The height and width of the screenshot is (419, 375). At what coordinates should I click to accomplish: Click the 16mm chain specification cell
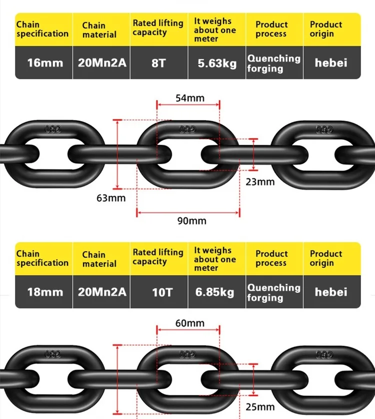click(x=45, y=63)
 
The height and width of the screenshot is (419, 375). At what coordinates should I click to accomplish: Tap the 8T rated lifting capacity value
click(x=158, y=63)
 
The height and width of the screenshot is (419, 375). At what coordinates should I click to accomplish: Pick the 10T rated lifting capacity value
click(x=161, y=292)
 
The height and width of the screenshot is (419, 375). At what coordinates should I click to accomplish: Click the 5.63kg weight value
click(x=216, y=63)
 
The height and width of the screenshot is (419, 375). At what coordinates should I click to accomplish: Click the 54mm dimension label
click(x=190, y=98)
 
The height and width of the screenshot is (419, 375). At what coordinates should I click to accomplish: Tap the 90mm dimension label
click(x=191, y=220)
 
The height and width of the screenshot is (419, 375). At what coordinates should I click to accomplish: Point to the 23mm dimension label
click(x=260, y=182)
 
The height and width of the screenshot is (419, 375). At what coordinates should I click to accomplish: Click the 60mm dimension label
click(x=190, y=323)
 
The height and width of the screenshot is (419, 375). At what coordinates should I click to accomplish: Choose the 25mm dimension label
click(x=260, y=407)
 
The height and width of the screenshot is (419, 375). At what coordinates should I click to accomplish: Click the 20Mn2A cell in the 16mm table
click(x=102, y=63)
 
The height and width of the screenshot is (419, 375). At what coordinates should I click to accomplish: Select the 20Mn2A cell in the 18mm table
click(x=102, y=292)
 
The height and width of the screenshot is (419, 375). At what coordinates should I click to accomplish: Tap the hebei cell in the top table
click(x=331, y=63)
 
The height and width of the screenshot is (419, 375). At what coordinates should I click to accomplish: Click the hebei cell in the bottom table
click(x=331, y=292)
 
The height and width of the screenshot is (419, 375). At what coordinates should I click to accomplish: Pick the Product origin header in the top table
click(x=325, y=29)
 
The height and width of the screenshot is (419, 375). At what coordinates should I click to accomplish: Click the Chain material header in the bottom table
click(x=99, y=259)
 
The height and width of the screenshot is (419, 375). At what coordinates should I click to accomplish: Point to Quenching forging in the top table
click(x=274, y=63)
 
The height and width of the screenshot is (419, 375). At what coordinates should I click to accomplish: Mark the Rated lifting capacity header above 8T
click(x=158, y=28)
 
